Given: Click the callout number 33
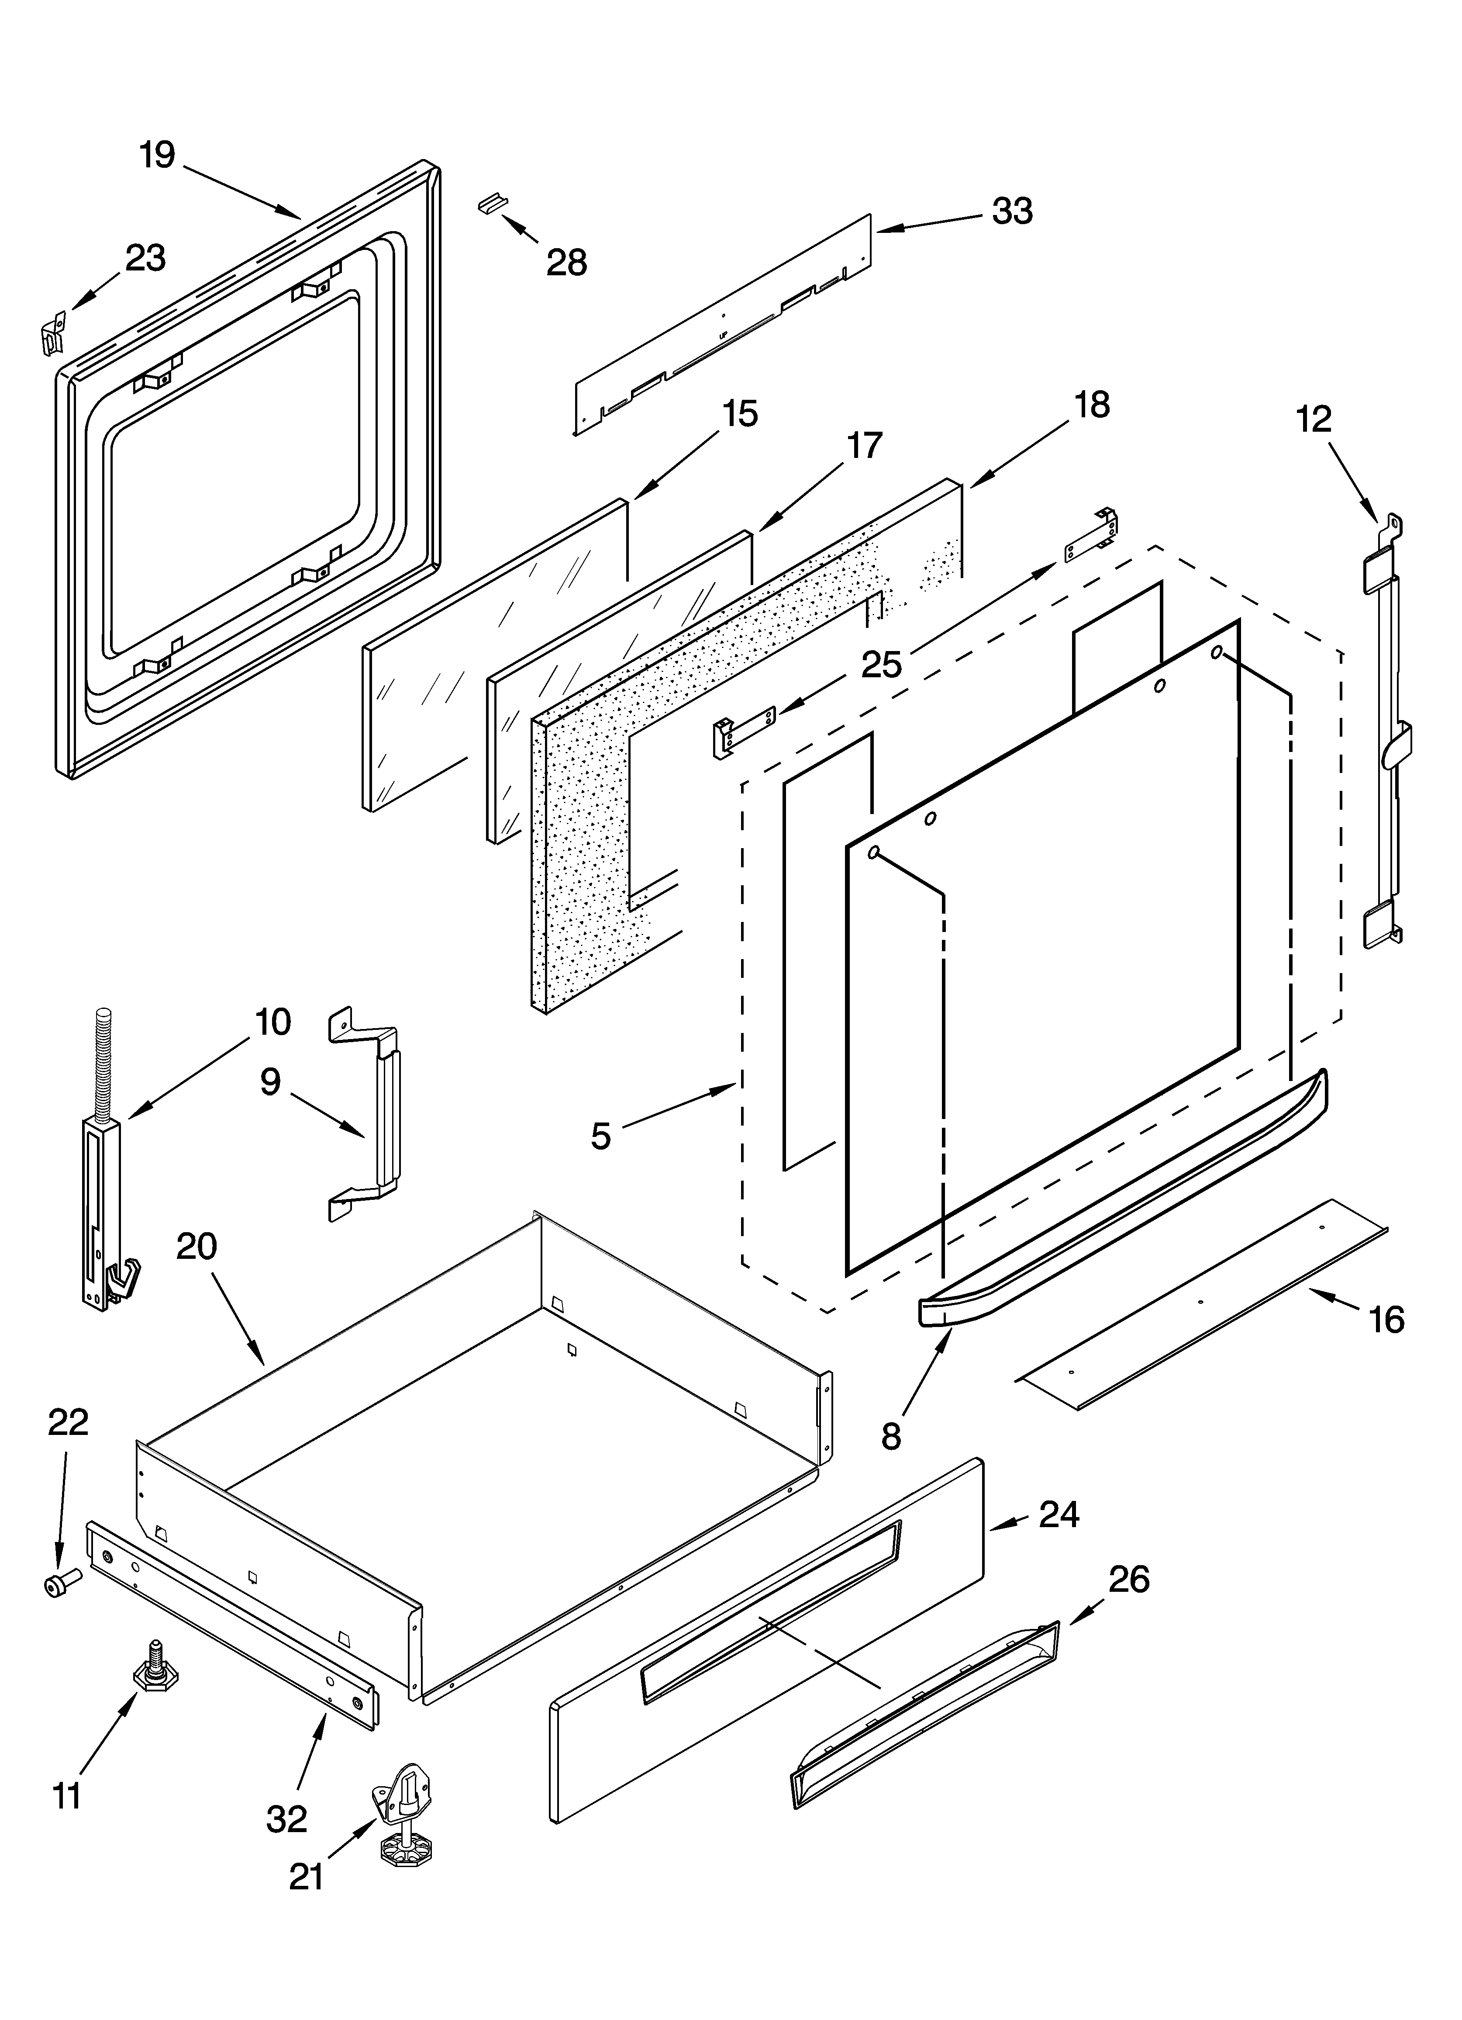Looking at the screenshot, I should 1012,211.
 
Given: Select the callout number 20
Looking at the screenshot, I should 197,1246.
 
